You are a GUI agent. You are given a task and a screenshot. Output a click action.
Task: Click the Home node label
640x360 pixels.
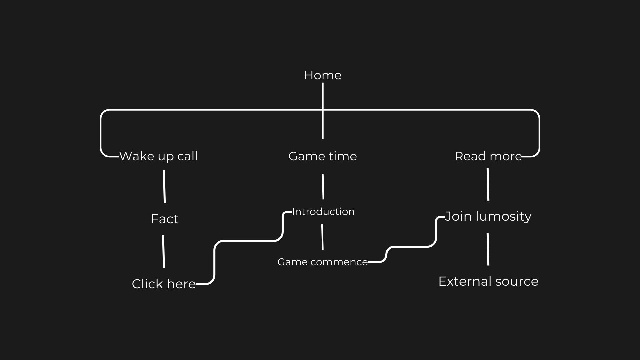[323, 75]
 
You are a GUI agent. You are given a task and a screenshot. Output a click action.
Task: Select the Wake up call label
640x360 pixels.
[158, 156]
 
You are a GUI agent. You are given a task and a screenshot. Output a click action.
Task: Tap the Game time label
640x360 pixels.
[323, 156]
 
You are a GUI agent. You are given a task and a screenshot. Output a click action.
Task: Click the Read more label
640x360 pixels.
[488, 156]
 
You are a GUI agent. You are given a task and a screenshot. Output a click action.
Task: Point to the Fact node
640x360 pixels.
[165, 219]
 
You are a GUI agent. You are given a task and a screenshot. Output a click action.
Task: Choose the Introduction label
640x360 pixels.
[323, 212]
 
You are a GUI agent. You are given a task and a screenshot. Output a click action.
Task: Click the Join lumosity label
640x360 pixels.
[488, 217]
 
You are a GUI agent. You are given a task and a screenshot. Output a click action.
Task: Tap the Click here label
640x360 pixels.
[164, 284]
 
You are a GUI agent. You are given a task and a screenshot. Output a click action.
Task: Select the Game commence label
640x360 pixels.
[323, 262]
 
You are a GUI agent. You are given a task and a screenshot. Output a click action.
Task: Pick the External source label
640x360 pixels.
[488, 281]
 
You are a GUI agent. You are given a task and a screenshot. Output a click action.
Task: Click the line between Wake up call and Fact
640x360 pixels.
[164, 187]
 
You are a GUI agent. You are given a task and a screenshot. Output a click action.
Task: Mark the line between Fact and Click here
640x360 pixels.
[163, 252]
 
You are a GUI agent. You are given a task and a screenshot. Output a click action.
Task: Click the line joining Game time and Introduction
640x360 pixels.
[323, 187]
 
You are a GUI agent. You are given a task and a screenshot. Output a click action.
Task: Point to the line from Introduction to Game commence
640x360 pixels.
[322, 237]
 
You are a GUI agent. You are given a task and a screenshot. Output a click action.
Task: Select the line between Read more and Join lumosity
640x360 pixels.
[488, 184]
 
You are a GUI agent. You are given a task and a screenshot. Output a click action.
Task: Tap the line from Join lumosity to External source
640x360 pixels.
[488, 249]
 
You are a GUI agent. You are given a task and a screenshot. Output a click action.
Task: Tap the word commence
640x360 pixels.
[339, 262]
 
